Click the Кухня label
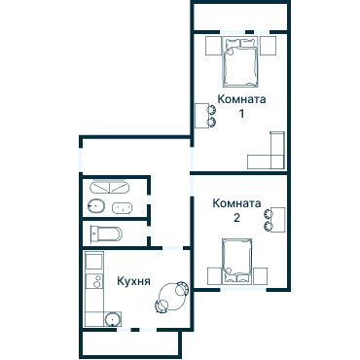click(x=133, y=281)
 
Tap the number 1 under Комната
click(x=241, y=114)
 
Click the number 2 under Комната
click(x=236, y=218)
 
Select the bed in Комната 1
click(x=240, y=61)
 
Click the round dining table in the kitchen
click(x=172, y=298)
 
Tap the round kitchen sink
click(x=113, y=319)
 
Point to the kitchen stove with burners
click(x=94, y=281)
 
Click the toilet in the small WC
click(x=106, y=234)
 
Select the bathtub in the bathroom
click(x=110, y=188)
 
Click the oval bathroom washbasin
click(x=96, y=206)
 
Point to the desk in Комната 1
click(x=201, y=116)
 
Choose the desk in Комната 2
click(x=278, y=220)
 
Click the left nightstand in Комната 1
click(x=213, y=46)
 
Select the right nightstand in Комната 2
click(x=261, y=276)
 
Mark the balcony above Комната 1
click(x=240, y=17)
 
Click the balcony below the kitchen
click(x=130, y=343)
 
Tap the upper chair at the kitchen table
click(x=182, y=288)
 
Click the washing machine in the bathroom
click(x=123, y=208)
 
